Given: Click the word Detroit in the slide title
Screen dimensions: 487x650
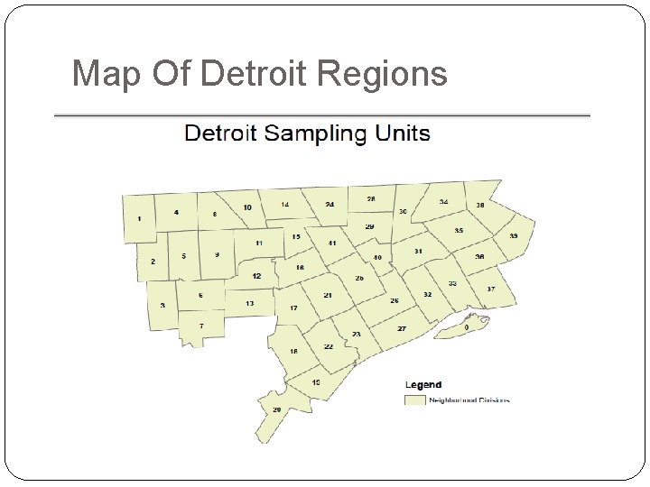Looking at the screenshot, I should click(x=260, y=74).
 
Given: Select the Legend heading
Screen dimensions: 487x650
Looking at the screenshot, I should click(x=422, y=385).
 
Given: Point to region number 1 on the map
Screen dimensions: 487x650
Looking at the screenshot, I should click(x=139, y=219).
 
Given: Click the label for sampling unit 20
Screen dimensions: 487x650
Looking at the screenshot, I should click(x=277, y=409).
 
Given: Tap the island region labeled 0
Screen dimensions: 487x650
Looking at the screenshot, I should click(x=466, y=327).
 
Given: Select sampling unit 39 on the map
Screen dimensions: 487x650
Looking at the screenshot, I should click(x=513, y=235).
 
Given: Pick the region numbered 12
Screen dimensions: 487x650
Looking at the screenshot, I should click(x=257, y=276).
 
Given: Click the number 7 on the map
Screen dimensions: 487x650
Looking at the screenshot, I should click(x=201, y=325).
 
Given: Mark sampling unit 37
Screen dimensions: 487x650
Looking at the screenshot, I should click(x=490, y=289).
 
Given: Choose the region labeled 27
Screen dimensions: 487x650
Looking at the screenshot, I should click(x=402, y=328).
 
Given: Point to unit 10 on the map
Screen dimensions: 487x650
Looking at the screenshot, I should click(x=246, y=207).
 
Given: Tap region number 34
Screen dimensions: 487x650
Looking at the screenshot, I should click(x=443, y=202).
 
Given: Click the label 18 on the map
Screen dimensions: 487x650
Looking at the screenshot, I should click(x=293, y=351).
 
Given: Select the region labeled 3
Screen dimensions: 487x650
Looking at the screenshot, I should click(x=162, y=305).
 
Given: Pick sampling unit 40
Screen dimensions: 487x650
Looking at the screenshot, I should click(x=377, y=258).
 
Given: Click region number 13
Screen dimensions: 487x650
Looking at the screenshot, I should click(x=249, y=304).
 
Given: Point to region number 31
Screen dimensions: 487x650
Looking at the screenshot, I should click(x=418, y=251).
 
